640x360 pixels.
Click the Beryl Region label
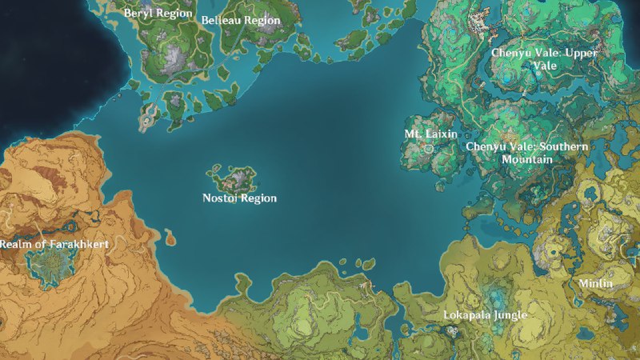(x=158, y=14)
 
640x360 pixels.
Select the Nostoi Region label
(x=239, y=198)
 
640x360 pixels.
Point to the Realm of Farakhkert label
(x=54, y=243)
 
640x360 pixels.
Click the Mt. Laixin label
(x=430, y=134)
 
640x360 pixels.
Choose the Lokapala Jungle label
(x=485, y=315)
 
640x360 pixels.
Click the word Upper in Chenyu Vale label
(x=582, y=53)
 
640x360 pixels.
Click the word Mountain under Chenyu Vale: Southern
(x=526, y=160)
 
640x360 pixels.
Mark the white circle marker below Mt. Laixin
(x=430, y=148)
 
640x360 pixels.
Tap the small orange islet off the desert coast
(x=170, y=238)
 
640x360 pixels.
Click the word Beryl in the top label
(x=138, y=14)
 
